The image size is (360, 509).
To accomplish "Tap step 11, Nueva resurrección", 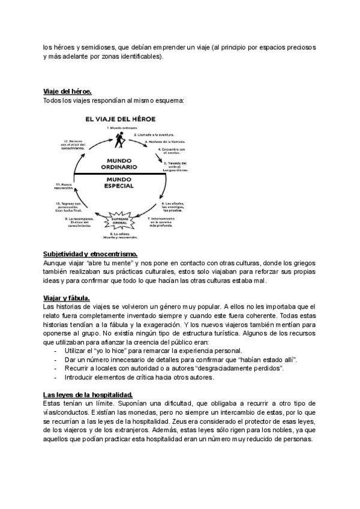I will (x=64, y=186).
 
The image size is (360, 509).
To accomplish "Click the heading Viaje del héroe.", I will (x=67, y=91).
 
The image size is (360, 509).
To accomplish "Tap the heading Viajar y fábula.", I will (x=67, y=298).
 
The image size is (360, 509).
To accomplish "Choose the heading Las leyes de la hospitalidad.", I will (x=88, y=394).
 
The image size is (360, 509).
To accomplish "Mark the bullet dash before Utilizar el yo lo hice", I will (x=56, y=351).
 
